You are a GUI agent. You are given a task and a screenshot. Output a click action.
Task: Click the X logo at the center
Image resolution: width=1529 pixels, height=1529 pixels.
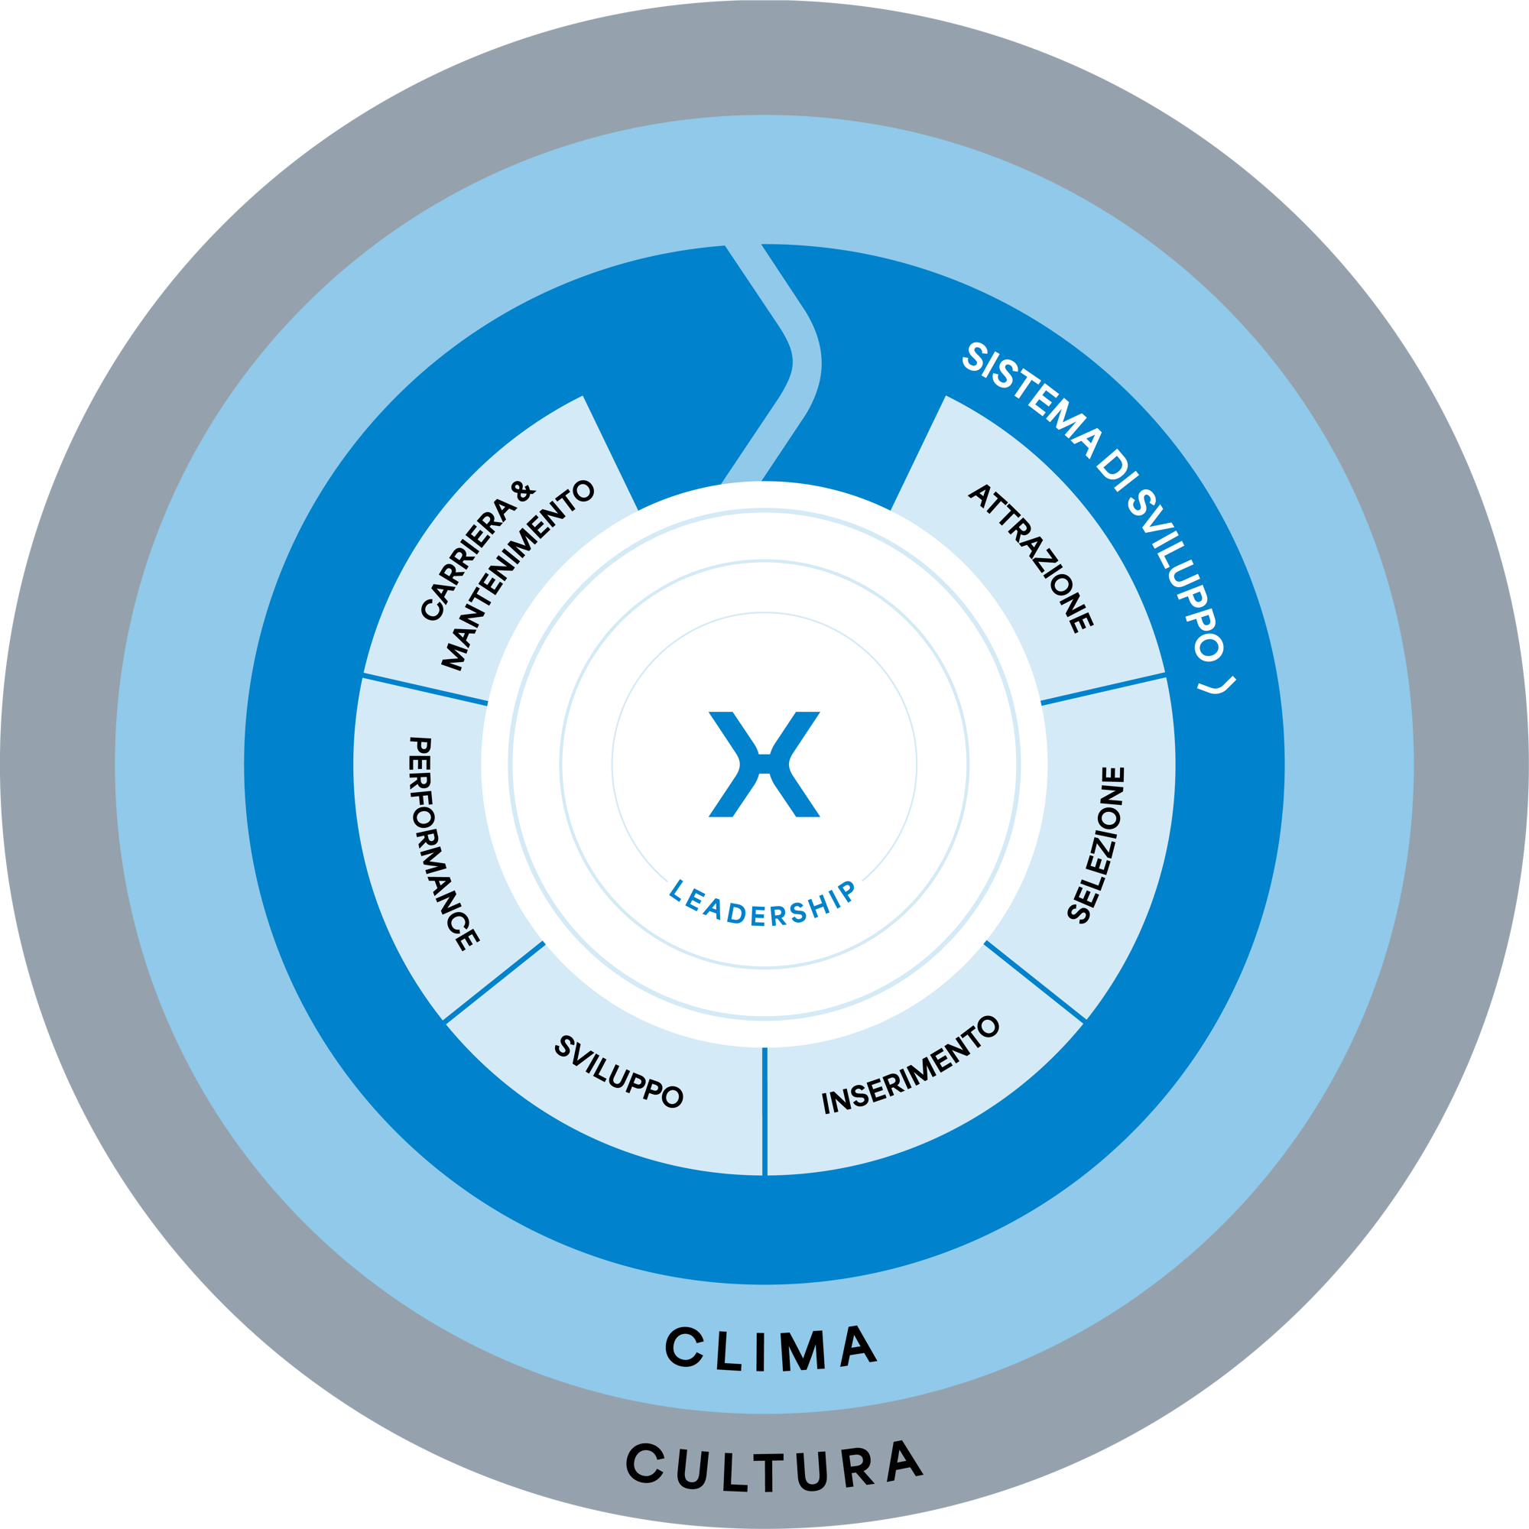[x=764, y=764]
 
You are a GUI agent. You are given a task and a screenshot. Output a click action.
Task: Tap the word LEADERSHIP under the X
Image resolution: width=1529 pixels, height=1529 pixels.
[x=762, y=904]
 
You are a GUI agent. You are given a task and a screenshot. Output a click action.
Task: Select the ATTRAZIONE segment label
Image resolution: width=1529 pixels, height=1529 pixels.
[x=1031, y=558]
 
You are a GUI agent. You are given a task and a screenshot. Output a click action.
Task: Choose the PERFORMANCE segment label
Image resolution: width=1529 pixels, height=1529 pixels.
[x=433, y=842]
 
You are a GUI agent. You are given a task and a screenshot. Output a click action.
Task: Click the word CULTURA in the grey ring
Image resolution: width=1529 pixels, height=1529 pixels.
[x=774, y=1465]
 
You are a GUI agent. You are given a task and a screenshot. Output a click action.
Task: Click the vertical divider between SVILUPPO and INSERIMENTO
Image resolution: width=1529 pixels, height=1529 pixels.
[x=764, y=1112]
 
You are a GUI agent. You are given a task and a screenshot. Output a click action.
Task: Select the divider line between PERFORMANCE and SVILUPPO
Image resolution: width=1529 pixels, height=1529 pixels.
[x=494, y=982]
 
